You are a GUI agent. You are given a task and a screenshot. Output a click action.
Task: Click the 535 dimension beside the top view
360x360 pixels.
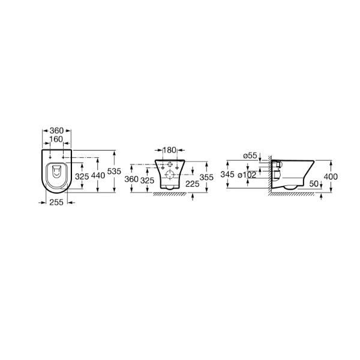click(x=114, y=171)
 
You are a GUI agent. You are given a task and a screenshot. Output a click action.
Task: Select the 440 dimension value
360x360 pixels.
click(x=98, y=176)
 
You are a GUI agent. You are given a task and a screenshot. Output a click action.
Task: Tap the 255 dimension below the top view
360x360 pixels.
click(x=56, y=202)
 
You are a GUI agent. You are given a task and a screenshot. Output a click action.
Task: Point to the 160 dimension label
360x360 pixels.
click(x=56, y=139)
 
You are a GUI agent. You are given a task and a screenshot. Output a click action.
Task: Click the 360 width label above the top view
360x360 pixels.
click(x=56, y=131)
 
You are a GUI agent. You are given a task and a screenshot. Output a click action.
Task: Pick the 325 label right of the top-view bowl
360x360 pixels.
click(x=82, y=176)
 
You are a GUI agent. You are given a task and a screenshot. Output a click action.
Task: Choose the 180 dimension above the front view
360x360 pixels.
click(x=169, y=150)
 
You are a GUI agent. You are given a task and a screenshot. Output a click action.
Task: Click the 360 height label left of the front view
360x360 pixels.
click(x=131, y=179)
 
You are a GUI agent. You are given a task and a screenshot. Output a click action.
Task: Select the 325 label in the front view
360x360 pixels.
click(x=148, y=181)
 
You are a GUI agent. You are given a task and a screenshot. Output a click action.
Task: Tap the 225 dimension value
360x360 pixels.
click(x=193, y=184)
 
